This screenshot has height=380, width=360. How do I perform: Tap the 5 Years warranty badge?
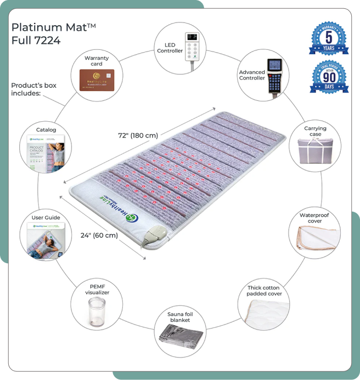click(x=329, y=38)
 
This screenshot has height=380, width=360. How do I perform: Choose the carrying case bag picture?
click(x=314, y=151)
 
